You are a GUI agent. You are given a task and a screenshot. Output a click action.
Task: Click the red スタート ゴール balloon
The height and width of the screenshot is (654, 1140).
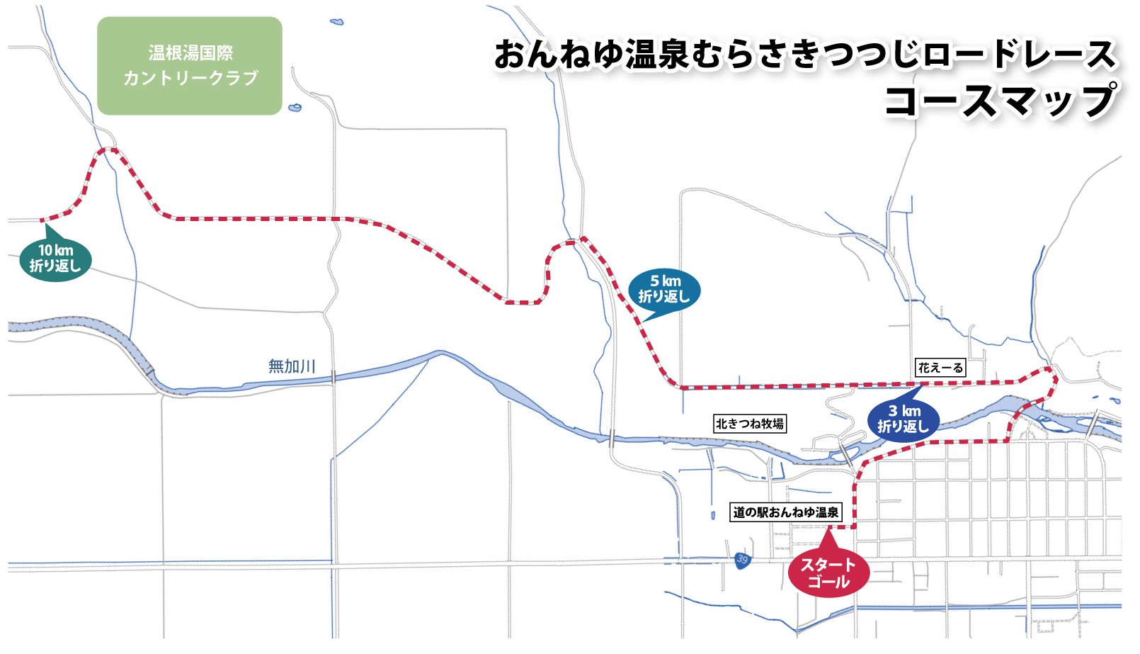(828, 573)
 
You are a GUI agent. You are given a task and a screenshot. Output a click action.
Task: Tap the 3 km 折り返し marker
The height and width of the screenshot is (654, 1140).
(903, 419)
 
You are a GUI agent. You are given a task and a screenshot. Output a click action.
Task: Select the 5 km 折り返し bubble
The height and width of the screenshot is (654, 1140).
(664, 289)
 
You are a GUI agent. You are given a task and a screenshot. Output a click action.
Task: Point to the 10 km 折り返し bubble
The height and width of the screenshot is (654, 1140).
(55, 259)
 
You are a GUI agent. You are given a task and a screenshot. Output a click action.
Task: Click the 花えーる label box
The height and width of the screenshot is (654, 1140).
(940, 367)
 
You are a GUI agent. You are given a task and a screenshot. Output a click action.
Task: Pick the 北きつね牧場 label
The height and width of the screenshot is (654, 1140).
(749, 424)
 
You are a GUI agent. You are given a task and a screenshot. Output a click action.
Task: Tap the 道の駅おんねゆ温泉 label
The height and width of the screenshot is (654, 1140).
(785, 512)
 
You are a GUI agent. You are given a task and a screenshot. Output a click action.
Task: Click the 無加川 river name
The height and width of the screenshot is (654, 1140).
(291, 366)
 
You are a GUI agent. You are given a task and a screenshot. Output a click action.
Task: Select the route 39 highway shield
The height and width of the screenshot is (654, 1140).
(741, 559)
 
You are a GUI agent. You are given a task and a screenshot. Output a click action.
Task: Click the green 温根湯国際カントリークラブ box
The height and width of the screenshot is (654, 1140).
(190, 66)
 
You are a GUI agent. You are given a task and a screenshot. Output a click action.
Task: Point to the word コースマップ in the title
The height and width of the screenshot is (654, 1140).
(1000, 100)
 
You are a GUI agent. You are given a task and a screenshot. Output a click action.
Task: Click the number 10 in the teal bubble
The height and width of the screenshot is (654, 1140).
(45, 250)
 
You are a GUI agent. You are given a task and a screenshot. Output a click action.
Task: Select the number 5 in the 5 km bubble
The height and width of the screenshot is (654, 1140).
(654, 281)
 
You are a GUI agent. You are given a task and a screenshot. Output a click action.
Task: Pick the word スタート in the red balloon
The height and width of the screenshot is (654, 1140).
(828, 565)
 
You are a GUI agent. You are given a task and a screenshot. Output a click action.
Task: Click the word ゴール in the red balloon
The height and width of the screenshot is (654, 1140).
(828, 582)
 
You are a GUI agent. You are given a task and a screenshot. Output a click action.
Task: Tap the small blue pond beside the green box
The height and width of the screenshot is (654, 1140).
(295, 108)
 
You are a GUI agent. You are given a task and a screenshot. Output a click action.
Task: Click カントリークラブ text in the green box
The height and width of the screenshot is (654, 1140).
(190, 78)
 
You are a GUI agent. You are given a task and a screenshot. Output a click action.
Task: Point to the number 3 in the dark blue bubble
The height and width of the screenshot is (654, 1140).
(893, 411)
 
